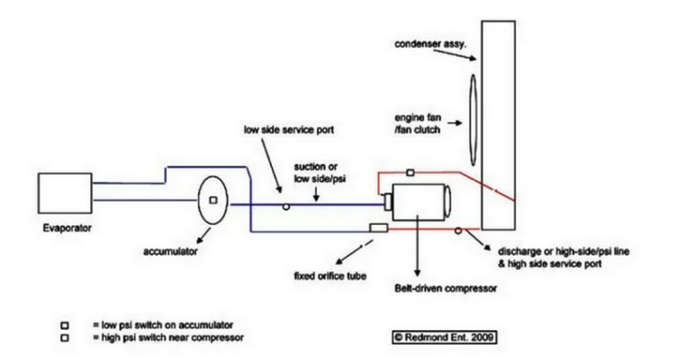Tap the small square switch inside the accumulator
[213, 200]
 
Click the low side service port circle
[286, 207]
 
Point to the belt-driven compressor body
[419, 202]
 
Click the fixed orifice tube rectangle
[378, 228]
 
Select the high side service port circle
[458, 230]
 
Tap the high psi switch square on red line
[411, 173]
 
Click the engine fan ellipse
[473, 120]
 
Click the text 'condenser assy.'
[431, 44]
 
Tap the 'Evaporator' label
[68, 228]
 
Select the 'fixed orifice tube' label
[330, 276]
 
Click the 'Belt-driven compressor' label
[446, 288]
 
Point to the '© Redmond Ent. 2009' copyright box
[444, 337]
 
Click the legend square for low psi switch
[65, 325]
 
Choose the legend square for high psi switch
[65, 337]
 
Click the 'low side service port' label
[289, 130]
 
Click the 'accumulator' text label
[170, 251]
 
